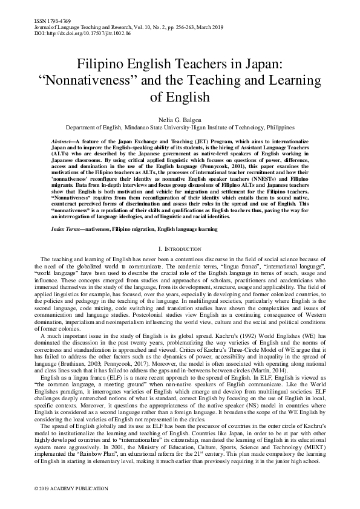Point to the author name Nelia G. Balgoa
pyautogui.click(x=180, y=120)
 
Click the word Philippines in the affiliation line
pyautogui.click(x=275, y=128)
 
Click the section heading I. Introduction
pyautogui.click(x=180, y=248)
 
